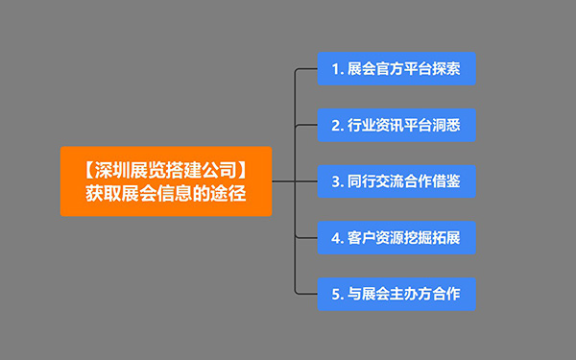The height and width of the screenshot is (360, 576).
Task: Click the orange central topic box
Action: [166, 181]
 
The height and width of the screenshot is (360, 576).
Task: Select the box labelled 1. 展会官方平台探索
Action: [396, 69]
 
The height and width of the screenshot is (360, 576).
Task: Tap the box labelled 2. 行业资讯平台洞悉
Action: [396, 125]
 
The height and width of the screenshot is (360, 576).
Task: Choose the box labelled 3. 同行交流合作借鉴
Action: [396, 181]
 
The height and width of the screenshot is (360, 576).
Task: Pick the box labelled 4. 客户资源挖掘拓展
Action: [396, 237]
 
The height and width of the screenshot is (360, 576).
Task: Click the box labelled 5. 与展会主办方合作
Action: [396, 294]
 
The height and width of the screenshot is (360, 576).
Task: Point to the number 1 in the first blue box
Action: [335, 69]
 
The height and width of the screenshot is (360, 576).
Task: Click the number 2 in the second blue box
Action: [335, 125]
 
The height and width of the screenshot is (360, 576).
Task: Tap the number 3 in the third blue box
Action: [335, 181]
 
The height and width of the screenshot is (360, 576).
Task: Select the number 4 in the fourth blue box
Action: [335, 237]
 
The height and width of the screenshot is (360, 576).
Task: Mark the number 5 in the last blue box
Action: [335, 294]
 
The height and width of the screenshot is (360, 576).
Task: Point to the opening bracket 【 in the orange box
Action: [83, 170]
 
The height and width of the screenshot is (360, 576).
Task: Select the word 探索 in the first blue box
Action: [446, 69]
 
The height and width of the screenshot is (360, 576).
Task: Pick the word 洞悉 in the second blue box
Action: [446, 125]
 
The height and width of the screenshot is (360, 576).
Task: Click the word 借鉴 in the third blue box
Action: [446, 181]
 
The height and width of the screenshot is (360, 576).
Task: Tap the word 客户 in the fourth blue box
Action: [362, 237]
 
